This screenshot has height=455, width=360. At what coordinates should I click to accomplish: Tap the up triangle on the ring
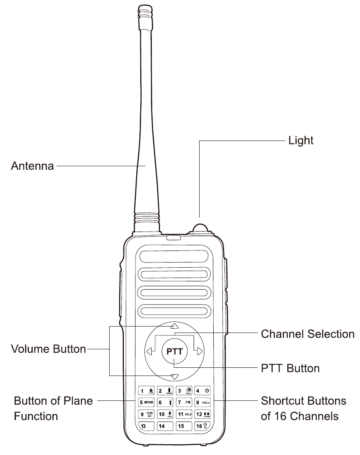coord(174,326)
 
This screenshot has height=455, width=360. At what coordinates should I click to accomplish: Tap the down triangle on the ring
coord(174,377)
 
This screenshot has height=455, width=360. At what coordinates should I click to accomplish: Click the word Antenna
coord(32,166)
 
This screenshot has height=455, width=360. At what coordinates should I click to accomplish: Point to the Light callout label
coord(300,140)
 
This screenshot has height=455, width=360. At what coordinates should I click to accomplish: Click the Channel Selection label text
coord(308,334)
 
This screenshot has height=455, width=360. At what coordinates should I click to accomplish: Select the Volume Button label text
coord(48,349)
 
